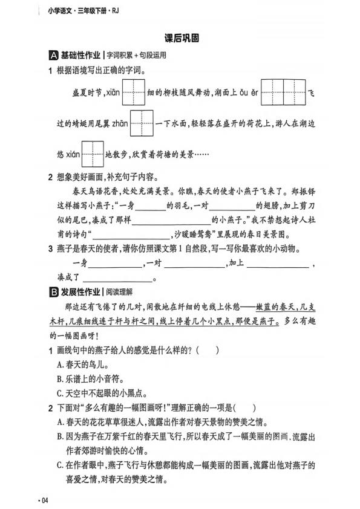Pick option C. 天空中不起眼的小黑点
click(91, 393)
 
